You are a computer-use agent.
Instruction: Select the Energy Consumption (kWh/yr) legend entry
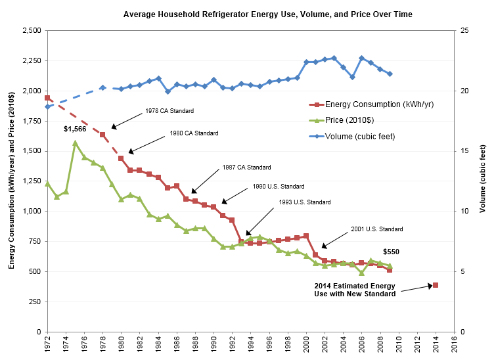(x=377, y=104)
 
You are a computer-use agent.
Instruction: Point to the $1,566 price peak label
(x=76, y=129)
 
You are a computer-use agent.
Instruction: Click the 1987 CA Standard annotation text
(x=246, y=168)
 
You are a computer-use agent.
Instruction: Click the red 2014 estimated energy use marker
(x=435, y=285)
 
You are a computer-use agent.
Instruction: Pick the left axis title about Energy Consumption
(x=12, y=181)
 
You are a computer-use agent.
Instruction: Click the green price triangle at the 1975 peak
(x=75, y=143)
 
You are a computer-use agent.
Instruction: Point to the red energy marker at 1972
(x=47, y=98)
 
